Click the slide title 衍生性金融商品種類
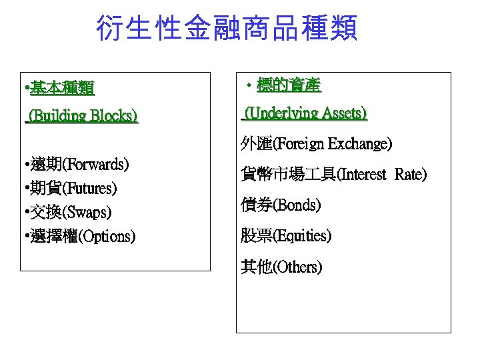click(x=227, y=29)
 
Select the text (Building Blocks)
click(x=82, y=116)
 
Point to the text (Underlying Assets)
click(x=305, y=114)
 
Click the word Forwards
click(x=96, y=164)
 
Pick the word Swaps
click(x=85, y=212)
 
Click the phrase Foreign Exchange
click(x=333, y=143)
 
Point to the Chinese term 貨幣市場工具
click(x=289, y=175)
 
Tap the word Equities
click(x=302, y=236)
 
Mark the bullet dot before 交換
click(x=24, y=213)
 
